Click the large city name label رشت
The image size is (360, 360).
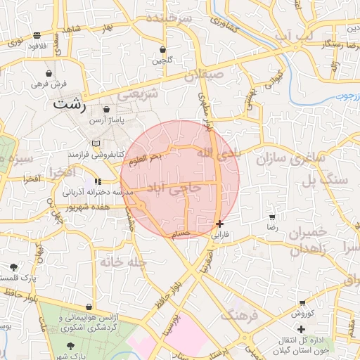(70, 105)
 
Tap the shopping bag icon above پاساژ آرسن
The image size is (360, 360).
(106, 110)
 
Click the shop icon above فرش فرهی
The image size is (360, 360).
(49, 73)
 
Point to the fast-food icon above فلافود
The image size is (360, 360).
(37, 35)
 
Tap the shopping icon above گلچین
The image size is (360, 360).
(163, 50)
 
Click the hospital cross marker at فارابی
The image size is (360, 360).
(220, 224)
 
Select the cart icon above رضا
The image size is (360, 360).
(272, 217)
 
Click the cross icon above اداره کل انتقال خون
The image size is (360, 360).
(302, 329)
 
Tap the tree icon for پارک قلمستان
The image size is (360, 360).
(14, 266)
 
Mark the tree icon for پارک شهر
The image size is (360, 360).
(70, 346)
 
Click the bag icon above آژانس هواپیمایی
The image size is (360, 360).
(89, 307)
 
